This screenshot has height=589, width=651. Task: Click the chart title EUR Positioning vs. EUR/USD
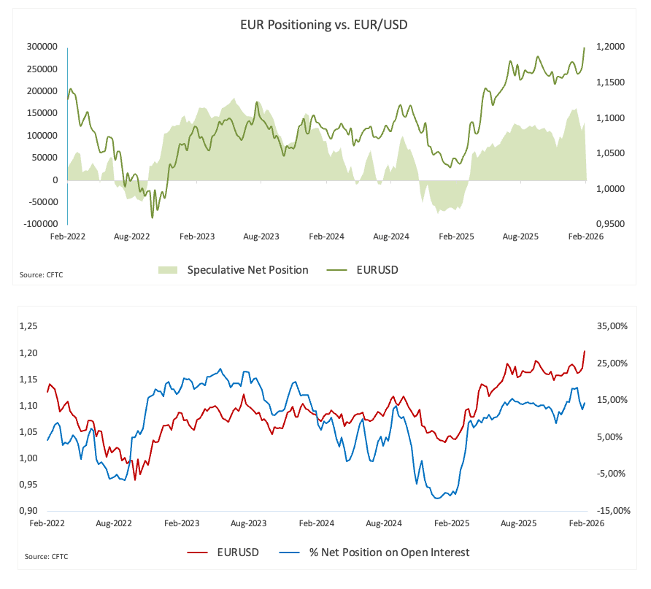coord(325,24)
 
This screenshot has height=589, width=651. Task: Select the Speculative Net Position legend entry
coord(247,270)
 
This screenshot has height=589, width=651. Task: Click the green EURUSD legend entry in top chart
coord(377,270)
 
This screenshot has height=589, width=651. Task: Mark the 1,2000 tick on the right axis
coord(611,47)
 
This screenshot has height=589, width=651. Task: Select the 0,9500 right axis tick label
coord(611,225)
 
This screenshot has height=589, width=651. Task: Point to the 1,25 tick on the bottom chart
coord(28,326)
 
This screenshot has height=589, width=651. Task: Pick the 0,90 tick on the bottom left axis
coord(28,511)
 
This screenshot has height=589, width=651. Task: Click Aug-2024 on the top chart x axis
coord(390,236)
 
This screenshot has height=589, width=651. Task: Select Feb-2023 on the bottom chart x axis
coord(181,523)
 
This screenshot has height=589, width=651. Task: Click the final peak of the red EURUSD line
coord(585,351)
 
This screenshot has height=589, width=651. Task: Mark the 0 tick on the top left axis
coord(56,180)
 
